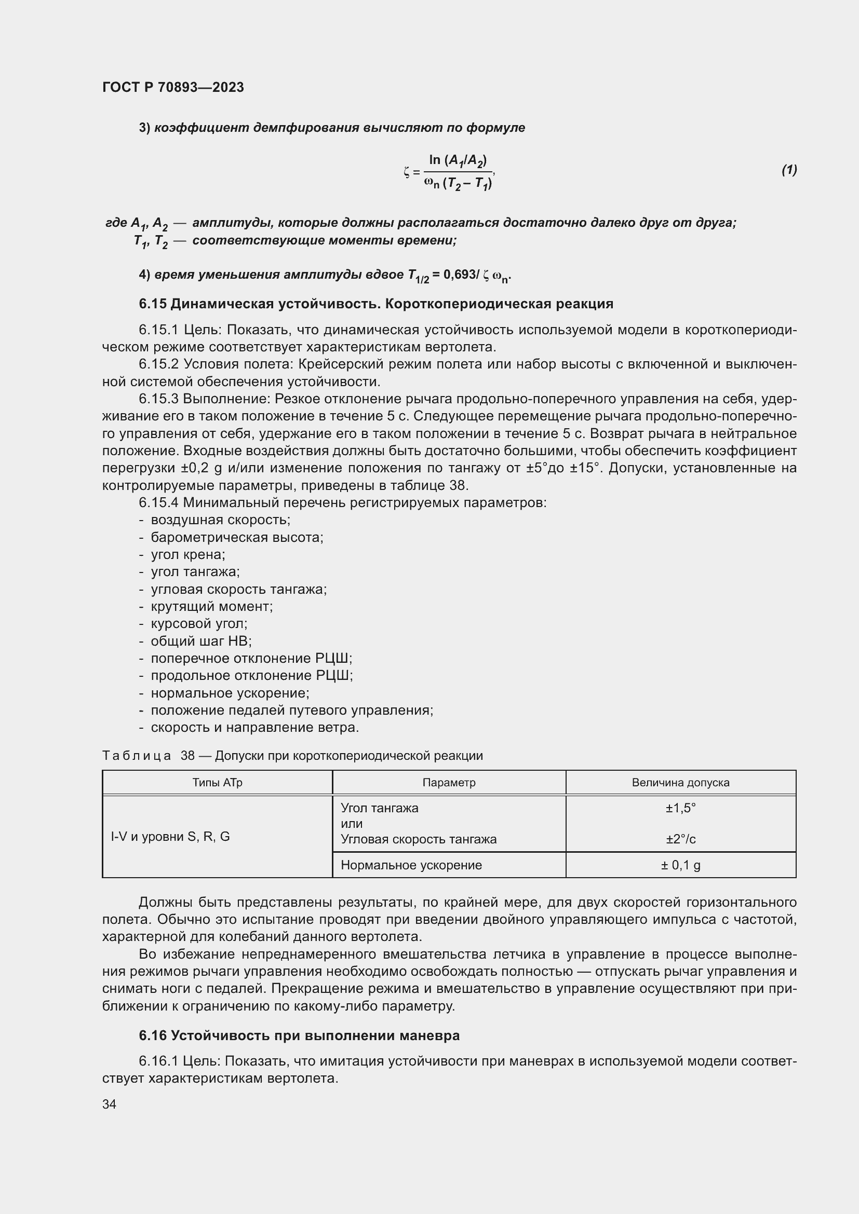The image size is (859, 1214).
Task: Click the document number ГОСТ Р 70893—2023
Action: tap(173, 87)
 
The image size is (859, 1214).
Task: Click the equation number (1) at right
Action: tap(789, 170)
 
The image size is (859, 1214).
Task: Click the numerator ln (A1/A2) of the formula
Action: tap(458, 160)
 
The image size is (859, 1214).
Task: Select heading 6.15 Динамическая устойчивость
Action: tap(375, 304)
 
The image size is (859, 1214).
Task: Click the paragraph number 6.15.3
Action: tap(159, 399)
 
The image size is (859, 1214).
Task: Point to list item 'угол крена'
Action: tap(188, 555)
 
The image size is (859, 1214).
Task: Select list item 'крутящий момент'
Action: tap(211, 606)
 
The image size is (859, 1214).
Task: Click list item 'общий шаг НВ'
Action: tap(201, 642)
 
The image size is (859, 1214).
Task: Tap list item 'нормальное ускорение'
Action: tap(230, 693)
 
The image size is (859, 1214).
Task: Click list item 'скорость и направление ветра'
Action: tap(254, 728)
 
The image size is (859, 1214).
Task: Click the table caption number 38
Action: tap(188, 756)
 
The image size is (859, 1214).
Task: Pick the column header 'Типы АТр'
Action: tap(218, 783)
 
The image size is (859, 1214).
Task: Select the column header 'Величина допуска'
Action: tap(680, 783)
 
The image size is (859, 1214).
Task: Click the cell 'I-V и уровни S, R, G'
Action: tap(170, 837)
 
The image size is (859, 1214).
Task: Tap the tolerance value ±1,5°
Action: tap(680, 808)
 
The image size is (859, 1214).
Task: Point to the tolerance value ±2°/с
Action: tap(680, 839)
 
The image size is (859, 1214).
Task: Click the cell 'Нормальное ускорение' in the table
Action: tap(411, 865)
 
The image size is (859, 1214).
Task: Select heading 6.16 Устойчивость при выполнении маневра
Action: tap(299, 1035)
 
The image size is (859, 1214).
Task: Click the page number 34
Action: tap(110, 1104)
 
